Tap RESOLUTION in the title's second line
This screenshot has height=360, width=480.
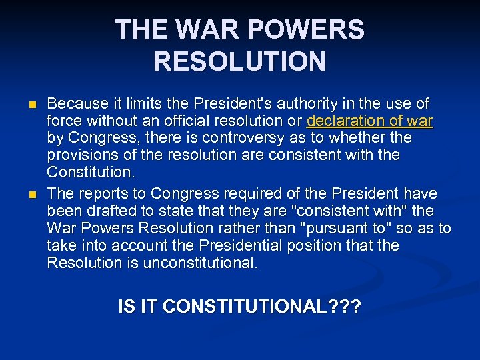click(239, 61)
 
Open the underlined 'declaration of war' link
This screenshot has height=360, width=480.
click(369, 121)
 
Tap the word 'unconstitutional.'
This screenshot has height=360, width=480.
click(191, 263)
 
